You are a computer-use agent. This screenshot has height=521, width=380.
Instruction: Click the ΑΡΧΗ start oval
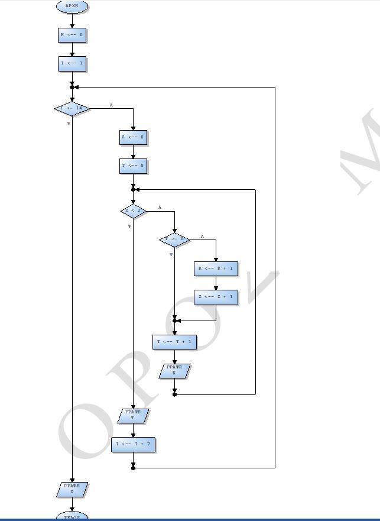[72, 7]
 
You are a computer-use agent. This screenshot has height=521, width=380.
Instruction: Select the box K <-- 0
[72, 35]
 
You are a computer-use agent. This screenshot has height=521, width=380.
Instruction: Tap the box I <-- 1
[72, 63]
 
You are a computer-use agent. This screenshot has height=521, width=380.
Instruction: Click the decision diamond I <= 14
[72, 109]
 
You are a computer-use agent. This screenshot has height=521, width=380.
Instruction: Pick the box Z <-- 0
[133, 138]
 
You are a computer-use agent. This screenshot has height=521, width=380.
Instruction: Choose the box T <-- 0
[133, 166]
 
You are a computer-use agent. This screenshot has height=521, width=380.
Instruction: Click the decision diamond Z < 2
[133, 211]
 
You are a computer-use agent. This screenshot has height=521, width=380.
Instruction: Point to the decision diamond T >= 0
[174, 240]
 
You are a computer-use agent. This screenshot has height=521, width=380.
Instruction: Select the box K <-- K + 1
[216, 269]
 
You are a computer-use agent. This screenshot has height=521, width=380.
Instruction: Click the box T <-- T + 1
[174, 342]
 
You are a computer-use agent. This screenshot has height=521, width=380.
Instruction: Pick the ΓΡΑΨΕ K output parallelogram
[174, 371]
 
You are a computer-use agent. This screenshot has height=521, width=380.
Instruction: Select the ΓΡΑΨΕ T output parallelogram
[133, 415]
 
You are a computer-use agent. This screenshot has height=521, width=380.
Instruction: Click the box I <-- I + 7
[133, 444]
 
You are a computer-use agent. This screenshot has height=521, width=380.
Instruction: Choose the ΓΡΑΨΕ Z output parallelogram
[72, 489]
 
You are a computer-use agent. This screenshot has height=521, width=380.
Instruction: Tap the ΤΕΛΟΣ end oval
[72, 517]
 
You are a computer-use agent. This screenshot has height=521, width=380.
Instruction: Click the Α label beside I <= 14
[111, 105]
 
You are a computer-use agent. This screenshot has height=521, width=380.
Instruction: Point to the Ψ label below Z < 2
[129, 226]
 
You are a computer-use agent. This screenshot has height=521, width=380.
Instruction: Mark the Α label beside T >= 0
[202, 236]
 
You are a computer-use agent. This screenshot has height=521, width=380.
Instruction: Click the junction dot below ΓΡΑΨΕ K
[174, 394]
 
